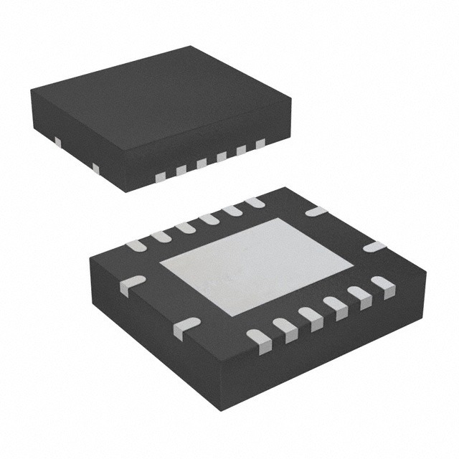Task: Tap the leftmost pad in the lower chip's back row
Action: (134, 246)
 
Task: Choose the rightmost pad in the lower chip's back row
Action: (254, 203)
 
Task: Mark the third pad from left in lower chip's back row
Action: (184, 228)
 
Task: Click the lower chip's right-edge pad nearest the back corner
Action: (315, 212)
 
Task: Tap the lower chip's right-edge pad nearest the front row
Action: (374, 247)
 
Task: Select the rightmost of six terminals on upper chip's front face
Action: (260, 144)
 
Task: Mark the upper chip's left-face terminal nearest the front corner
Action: (95, 168)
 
